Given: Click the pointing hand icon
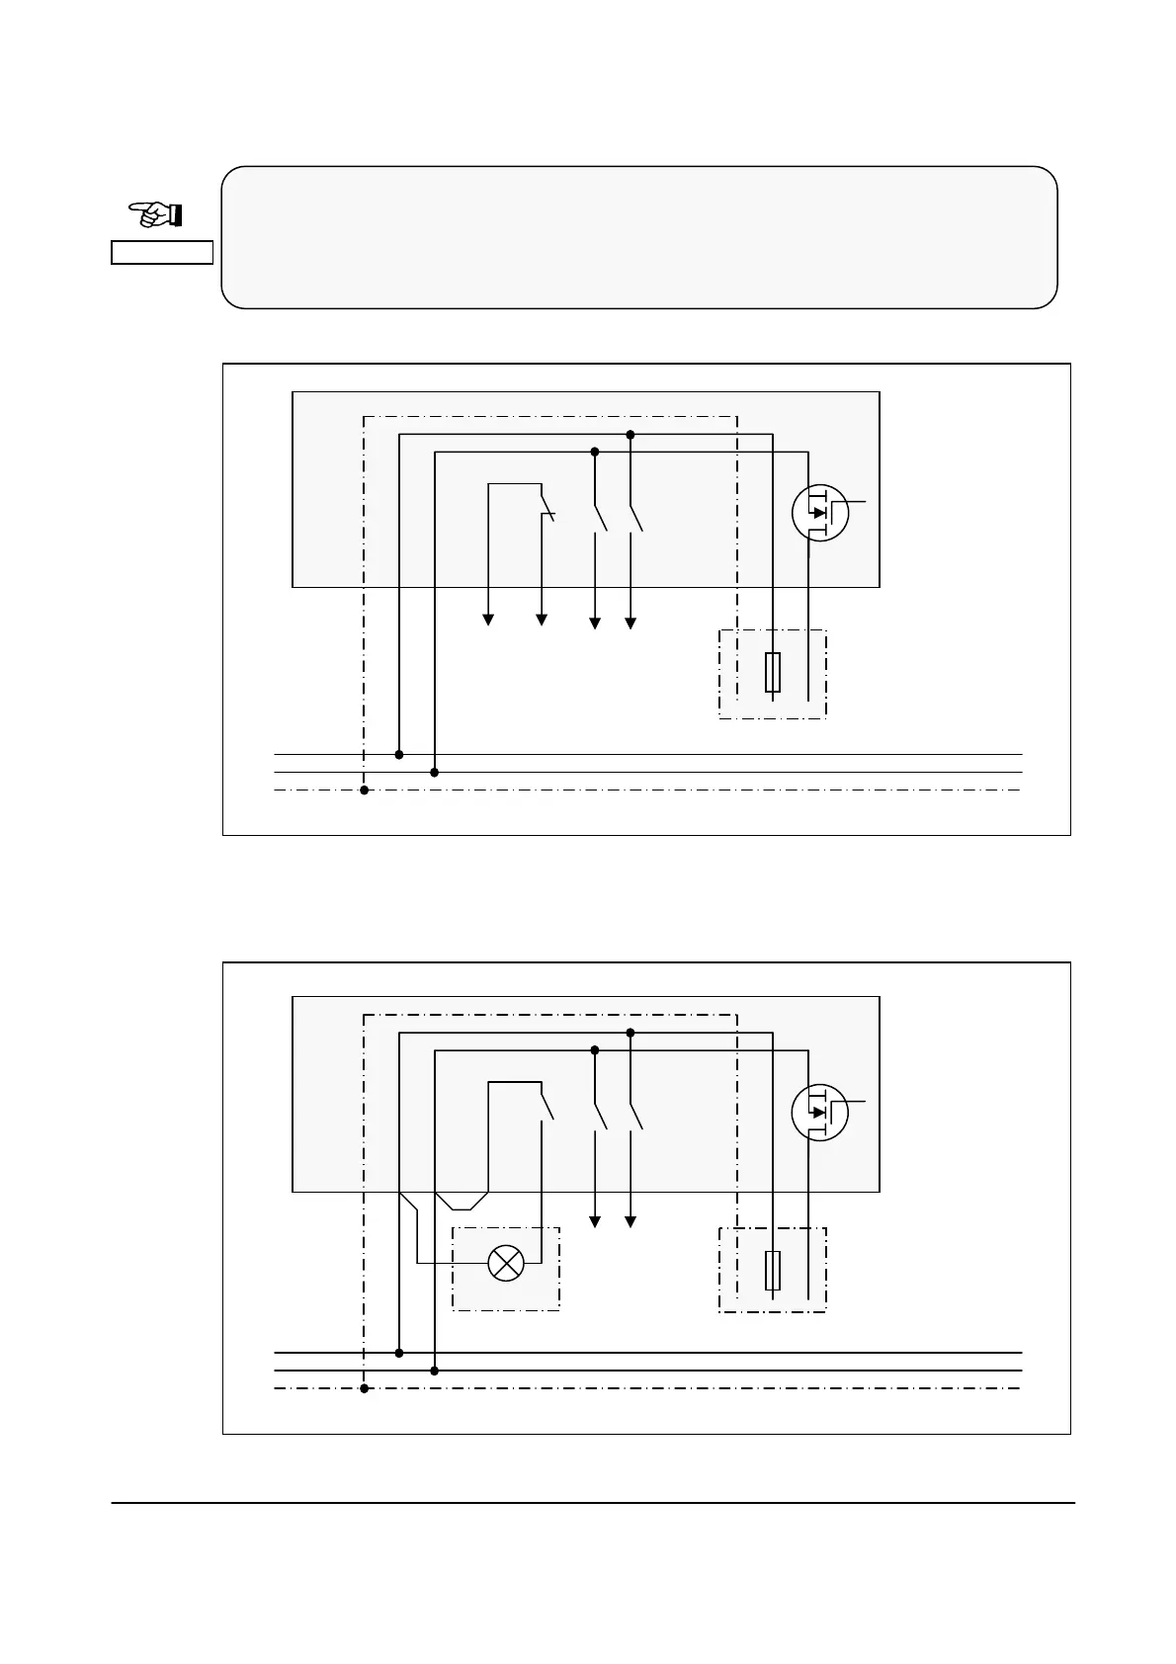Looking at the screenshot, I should click(x=156, y=213).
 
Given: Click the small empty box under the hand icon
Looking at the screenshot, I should click(x=161, y=252).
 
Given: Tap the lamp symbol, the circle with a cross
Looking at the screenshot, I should click(x=506, y=1263).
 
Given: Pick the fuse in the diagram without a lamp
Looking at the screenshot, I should click(x=773, y=672).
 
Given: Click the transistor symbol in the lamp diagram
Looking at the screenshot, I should click(x=820, y=1112).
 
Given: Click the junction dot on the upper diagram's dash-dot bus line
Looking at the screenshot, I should click(x=364, y=790).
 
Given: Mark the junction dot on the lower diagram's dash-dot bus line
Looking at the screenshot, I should click(x=364, y=1388).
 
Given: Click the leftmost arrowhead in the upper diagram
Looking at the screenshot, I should click(x=488, y=621).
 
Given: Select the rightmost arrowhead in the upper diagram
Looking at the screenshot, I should click(x=630, y=623).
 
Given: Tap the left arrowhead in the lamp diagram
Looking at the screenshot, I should click(x=595, y=1222).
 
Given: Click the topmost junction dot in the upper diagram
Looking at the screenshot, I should click(x=630, y=435).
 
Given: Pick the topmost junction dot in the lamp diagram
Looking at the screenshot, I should click(x=630, y=1033).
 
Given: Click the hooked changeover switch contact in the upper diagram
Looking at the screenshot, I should click(x=547, y=510).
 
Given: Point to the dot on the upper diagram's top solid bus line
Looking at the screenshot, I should click(x=399, y=754).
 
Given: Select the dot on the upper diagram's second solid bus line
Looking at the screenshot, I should click(x=435, y=772).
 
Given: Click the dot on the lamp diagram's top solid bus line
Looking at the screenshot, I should click(x=399, y=1353).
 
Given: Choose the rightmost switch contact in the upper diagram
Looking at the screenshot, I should click(x=635, y=519).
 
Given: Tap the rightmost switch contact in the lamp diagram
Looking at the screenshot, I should click(x=635, y=1117).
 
